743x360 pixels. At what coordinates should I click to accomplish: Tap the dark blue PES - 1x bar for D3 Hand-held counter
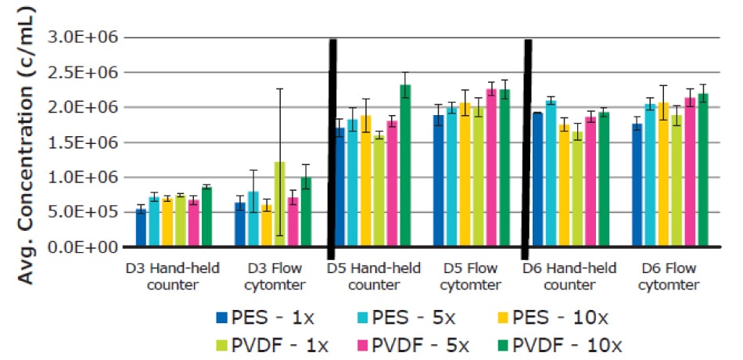[141, 228]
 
